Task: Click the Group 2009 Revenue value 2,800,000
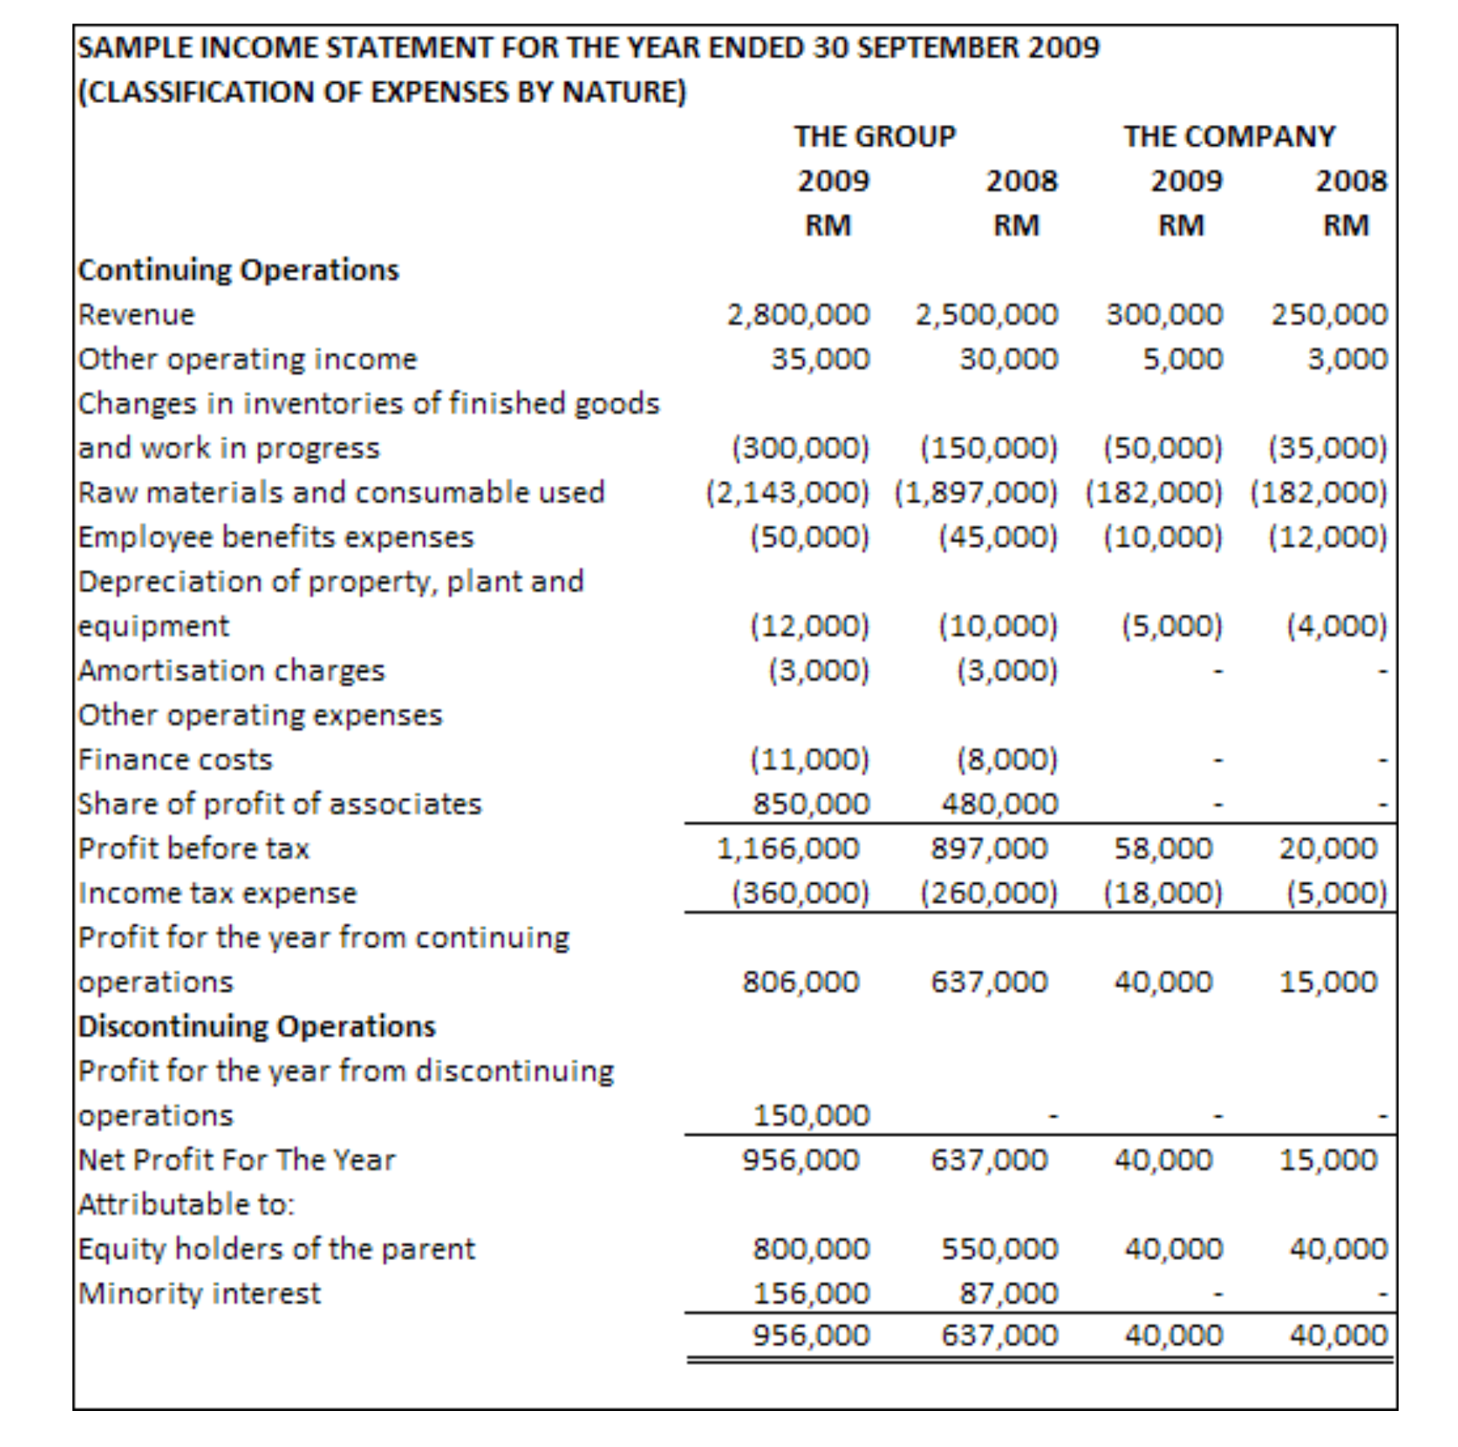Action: click(x=798, y=315)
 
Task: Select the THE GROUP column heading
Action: click(x=874, y=137)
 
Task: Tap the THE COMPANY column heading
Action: click(x=1229, y=137)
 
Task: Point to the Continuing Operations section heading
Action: click(x=239, y=271)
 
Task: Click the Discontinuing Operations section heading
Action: click(x=257, y=1026)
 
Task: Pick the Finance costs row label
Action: click(x=175, y=759)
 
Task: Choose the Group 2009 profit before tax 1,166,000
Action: click(x=787, y=849)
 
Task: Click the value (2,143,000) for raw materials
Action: click(x=787, y=493)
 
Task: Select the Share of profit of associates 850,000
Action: click(x=811, y=804)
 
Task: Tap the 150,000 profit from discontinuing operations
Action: click(x=811, y=1115)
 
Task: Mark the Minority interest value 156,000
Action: click(x=811, y=1294)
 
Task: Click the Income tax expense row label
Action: click(x=218, y=893)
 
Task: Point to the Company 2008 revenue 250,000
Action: click(x=1329, y=315)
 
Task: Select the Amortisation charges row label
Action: click(x=231, y=670)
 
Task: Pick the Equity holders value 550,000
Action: click(x=999, y=1249)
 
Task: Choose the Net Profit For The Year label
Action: click(x=236, y=1160)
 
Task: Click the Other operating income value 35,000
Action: click(x=820, y=359)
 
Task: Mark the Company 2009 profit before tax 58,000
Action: click(x=1162, y=849)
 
